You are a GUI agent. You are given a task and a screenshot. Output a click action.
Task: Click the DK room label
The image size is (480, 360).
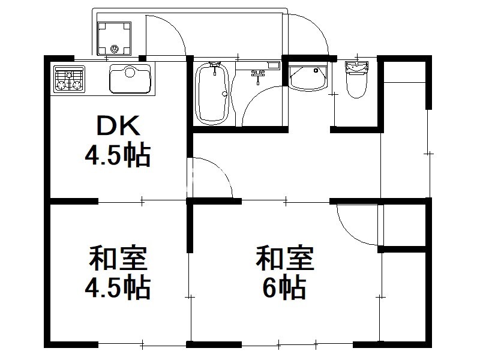click(118, 125)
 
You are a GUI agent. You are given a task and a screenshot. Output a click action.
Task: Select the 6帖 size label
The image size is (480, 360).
click(284, 287)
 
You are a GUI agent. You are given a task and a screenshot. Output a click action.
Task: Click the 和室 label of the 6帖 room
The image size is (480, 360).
click(285, 258)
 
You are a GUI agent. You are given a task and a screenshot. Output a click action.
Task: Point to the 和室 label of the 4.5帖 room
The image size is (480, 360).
click(118, 258)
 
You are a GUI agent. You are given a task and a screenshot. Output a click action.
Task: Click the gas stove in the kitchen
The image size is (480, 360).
click(69, 79)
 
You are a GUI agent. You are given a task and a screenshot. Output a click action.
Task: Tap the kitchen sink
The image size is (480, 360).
click(130, 79)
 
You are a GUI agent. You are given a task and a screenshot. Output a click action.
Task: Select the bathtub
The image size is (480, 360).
click(212, 94)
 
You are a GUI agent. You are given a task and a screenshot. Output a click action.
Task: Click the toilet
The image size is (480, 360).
click(356, 79)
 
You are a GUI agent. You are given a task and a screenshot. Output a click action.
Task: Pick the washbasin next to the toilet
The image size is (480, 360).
click(308, 79)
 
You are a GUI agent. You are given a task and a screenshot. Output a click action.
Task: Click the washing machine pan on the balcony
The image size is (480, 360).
click(114, 38)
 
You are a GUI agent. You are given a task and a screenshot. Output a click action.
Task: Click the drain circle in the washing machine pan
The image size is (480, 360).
click(114, 49)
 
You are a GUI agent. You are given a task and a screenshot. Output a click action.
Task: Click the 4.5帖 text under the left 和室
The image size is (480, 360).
click(118, 288)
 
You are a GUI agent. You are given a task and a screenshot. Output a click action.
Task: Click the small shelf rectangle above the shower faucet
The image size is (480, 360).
click(274, 65)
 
